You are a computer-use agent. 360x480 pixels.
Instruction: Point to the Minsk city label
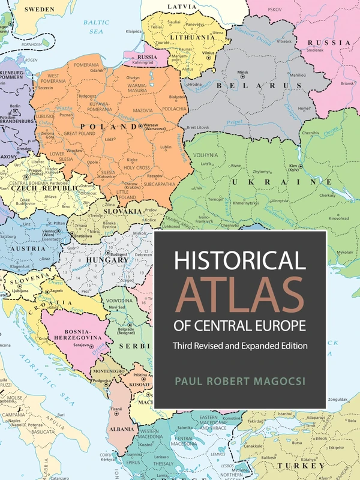click(242, 72)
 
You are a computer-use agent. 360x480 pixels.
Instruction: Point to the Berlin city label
click(15, 106)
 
